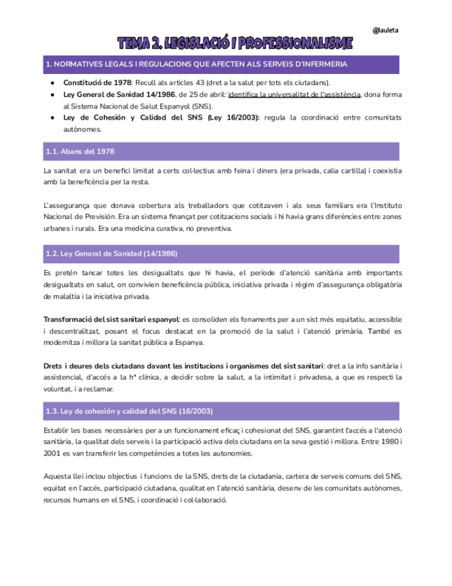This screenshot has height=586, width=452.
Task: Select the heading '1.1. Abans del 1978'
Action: click(x=80, y=151)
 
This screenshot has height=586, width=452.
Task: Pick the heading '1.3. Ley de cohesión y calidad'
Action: click(x=128, y=410)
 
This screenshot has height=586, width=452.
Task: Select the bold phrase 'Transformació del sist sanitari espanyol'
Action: click(x=110, y=319)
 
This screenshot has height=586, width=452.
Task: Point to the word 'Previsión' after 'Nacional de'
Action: click(x=99, y=217)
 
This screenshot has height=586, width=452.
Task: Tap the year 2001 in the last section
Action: click(x=53, y=453)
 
